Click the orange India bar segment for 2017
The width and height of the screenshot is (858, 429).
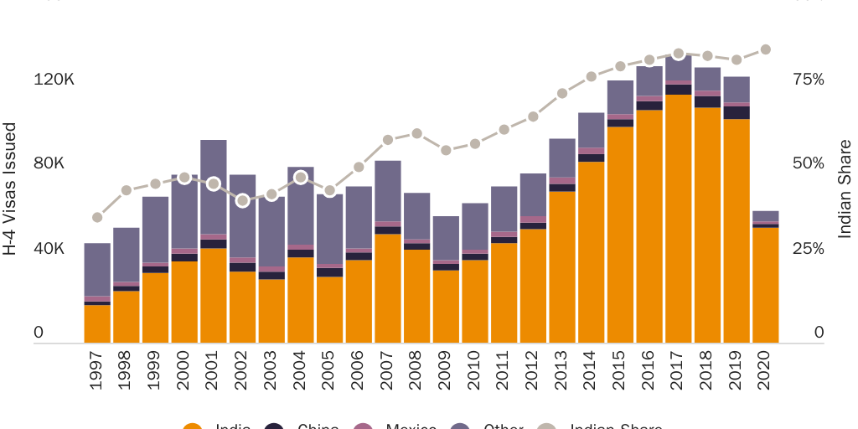[679, 219]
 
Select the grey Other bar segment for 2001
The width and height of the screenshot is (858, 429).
[214, 186]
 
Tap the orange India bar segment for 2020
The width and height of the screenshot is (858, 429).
[766, 285]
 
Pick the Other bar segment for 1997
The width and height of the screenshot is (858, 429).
[97, 269]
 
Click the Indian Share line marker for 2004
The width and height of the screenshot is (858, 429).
[301, 178]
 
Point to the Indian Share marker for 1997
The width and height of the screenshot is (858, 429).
[97, 218]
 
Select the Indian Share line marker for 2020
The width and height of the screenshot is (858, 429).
[765, 50]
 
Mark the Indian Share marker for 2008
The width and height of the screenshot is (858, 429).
[417, 134]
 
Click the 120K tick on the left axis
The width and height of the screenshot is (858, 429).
[54, 80]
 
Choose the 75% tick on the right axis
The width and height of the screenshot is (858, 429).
[809, 80]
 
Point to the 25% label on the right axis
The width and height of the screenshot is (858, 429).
[809, 249]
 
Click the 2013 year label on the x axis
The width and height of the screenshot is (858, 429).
[562, 370]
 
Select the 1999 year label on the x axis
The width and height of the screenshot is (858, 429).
[155, 370]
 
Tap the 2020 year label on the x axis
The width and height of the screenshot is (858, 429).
[766, 370]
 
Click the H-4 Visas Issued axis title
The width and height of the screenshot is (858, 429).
[11, 189]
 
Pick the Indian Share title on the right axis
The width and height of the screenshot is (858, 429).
[845, 189]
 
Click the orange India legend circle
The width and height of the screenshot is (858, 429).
[193, 426]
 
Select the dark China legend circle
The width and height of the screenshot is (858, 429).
[274, 426]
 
